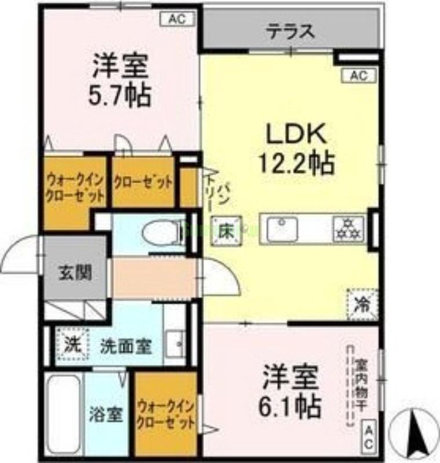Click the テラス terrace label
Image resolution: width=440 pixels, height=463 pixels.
[291, 31]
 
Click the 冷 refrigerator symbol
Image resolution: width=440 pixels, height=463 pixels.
[362, 303]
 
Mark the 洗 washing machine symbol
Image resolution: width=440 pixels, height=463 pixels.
[72, 345]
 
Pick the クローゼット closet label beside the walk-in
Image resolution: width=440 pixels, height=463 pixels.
[143, 182]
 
